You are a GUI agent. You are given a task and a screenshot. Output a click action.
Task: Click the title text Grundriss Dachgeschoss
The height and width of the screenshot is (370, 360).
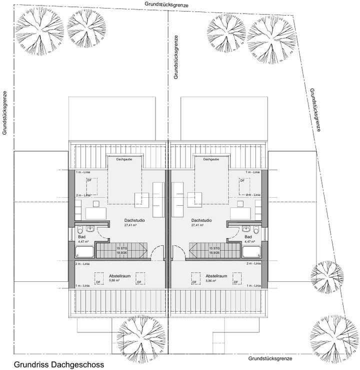(59, 364)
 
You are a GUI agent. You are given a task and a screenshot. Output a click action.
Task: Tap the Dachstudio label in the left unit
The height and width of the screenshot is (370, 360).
(134, 220)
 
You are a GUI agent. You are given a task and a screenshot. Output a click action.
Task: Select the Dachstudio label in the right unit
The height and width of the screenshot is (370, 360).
(201, 220)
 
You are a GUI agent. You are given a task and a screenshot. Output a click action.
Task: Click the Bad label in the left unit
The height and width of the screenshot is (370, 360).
(81, 236)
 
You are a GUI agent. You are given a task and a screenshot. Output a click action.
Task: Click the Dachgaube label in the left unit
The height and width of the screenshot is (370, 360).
(124, 159)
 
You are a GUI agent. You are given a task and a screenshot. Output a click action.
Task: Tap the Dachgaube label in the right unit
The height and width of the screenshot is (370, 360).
(210, 159)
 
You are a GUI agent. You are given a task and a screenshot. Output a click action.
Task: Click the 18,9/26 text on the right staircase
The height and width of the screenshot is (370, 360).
(215, 253)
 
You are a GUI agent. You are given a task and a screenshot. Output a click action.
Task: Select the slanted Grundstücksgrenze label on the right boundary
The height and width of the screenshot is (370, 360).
(315, 110)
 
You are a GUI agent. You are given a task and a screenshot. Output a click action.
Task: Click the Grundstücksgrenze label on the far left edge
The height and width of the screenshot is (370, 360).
(4, 114)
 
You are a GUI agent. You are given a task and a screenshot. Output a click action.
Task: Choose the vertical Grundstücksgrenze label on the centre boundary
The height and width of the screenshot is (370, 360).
(176, 58)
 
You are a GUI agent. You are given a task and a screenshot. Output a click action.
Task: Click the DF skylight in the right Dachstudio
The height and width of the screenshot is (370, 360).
(243, 180)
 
